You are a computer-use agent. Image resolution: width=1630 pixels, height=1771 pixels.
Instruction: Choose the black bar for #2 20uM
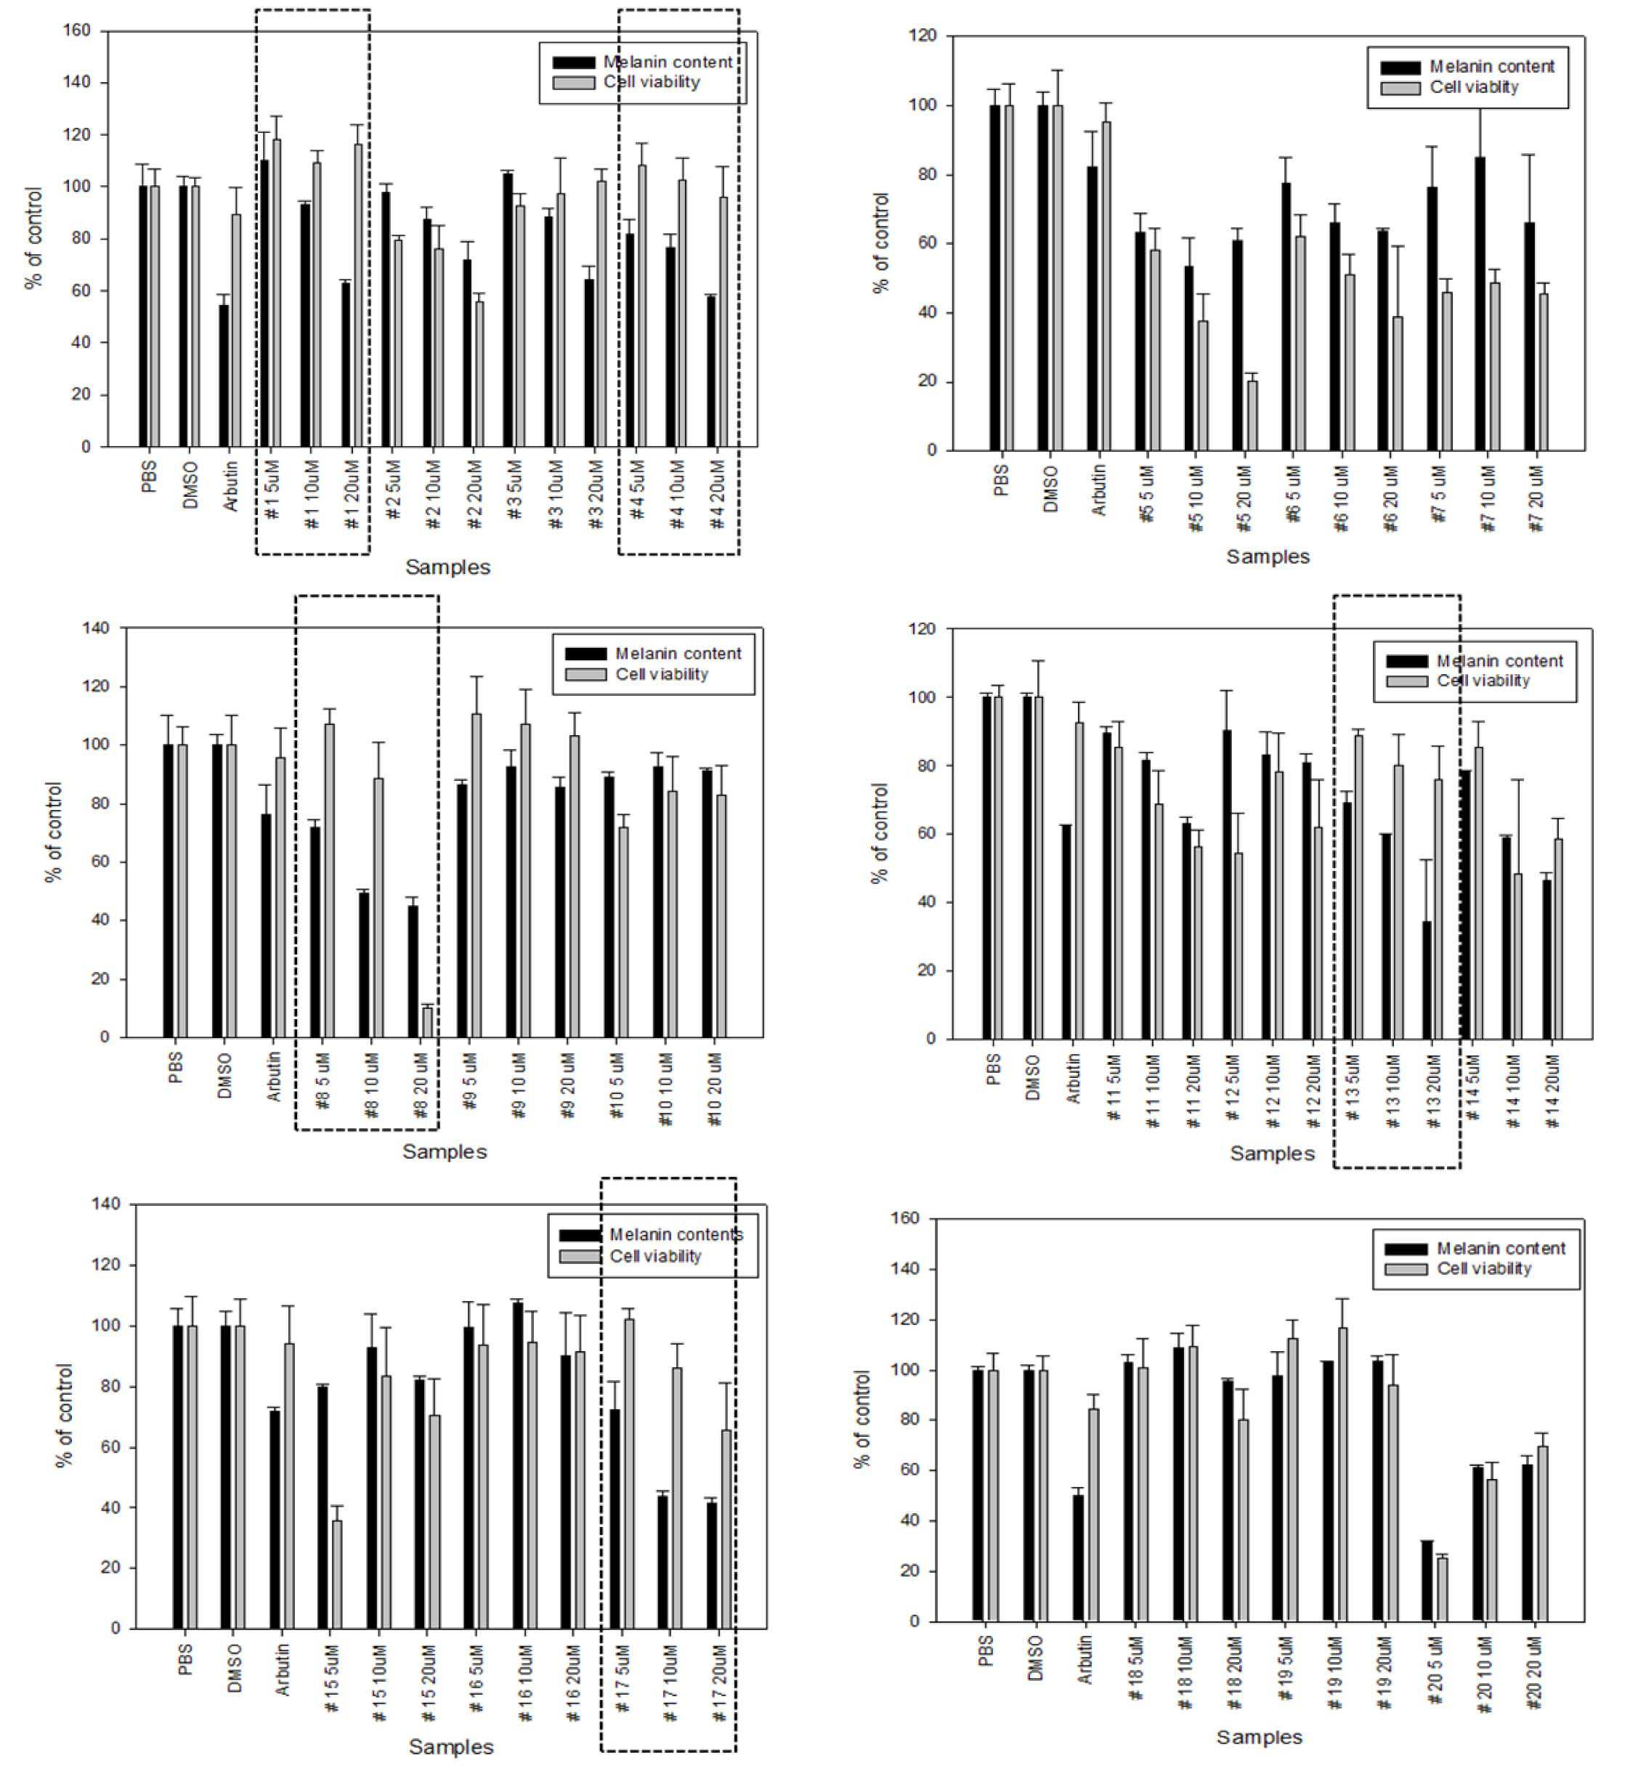coord(466,353)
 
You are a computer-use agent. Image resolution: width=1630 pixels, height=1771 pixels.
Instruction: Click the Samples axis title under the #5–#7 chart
coord(1268,556)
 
